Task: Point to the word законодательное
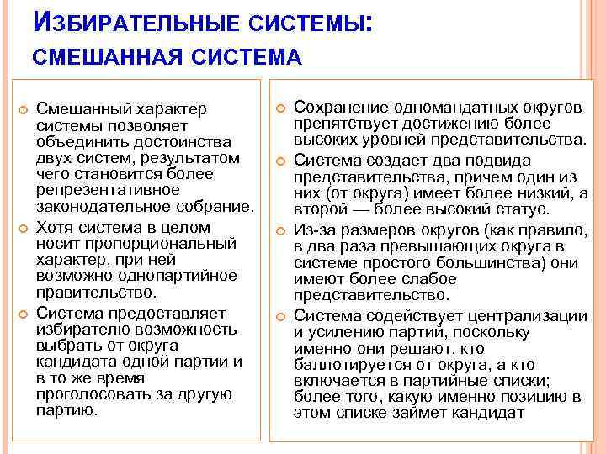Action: [98, 207]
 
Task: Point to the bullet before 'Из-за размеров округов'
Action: [281, 230]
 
